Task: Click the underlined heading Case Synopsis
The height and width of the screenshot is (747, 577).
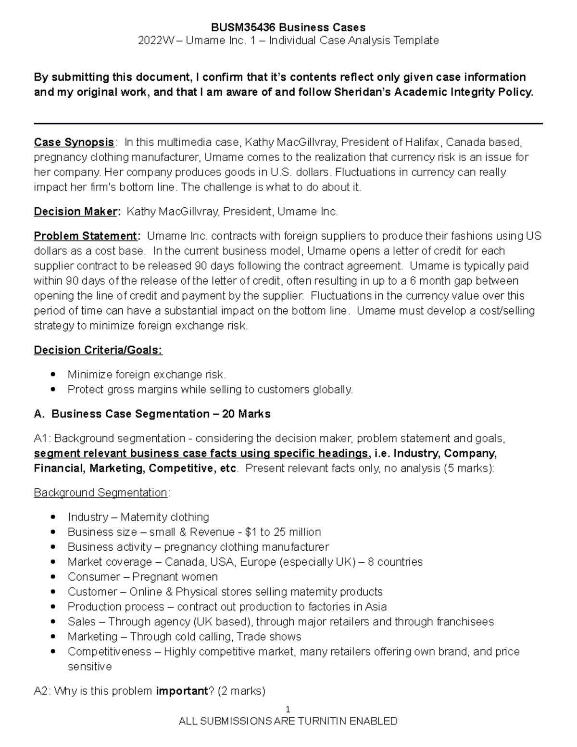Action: [x=74, y=142]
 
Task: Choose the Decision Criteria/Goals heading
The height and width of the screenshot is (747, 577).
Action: [x=98, y=350]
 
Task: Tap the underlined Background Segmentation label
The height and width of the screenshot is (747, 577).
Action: [x=100, y=493]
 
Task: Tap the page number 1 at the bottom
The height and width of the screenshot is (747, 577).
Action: [x=288, y=709]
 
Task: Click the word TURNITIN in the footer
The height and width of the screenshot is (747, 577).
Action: [x=322, y=721]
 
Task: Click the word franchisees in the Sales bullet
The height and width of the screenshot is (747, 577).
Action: [x=465, y=622]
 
